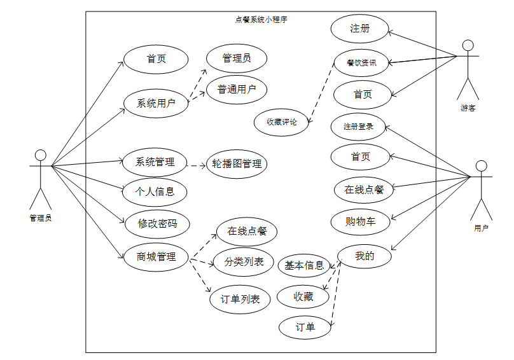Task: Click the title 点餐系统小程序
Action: click(261, 20)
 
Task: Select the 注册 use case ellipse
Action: click(359, 29)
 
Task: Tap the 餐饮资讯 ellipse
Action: click(361, 62)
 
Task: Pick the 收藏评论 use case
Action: click(281, 121)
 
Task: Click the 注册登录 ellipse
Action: click(358, 127)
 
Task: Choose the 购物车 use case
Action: click(360, 222)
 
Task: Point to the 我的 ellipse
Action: click(364, 256)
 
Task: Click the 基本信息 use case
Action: click(305, 265)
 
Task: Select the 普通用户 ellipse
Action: click(236, 90)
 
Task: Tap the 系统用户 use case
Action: click(156, 103)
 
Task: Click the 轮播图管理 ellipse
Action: click(237, 163)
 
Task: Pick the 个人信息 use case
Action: click(155, 190)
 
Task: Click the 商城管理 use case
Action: click(156, 257)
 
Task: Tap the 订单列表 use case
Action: click(240, 299)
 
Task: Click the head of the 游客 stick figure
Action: click(469, 46)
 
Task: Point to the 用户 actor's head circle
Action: click(482, 167)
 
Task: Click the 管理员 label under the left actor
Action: click(40, 218)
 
